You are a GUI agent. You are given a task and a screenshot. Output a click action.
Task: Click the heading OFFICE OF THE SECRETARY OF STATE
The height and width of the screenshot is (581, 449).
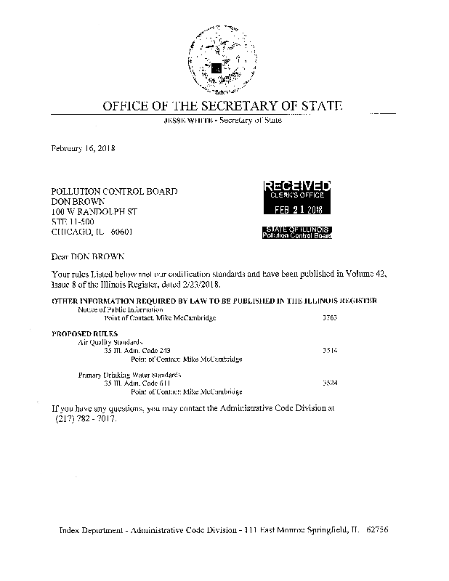(x=222, y=106)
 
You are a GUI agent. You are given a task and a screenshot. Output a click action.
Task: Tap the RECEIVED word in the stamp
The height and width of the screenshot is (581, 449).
(x=296, y=186)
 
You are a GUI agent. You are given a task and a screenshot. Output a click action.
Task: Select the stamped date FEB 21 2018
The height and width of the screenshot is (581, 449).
(x=296, y=210)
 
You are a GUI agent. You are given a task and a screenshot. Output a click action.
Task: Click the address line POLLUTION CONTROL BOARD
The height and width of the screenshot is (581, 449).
(x=114, y=191)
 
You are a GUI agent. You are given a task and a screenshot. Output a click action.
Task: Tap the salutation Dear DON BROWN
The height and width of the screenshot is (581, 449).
(x=88, y=256)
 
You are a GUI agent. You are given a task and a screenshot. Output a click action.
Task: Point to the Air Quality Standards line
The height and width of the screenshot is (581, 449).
(x=108, y=341)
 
